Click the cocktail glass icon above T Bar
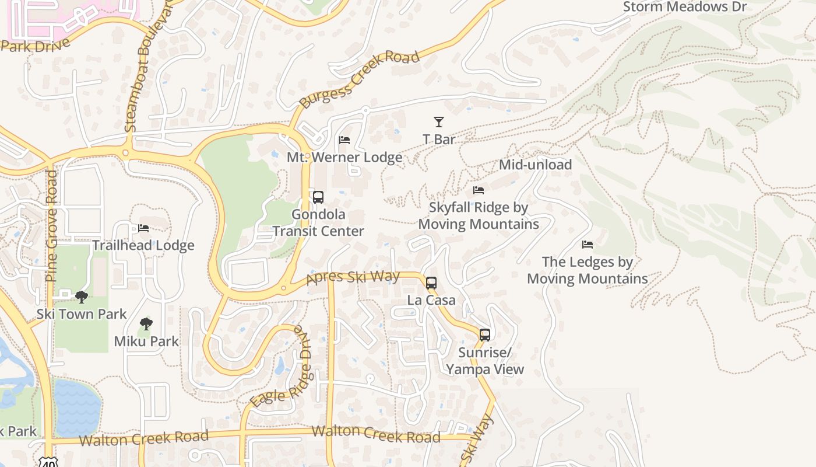tap(439, 122)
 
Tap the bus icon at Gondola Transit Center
tap(318, 197)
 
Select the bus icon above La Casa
tap(431, 283)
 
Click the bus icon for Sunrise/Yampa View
tap(485, 335)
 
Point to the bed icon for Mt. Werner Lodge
tap(344, 140)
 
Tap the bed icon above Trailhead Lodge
tap(143, 228)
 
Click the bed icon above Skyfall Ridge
tap(479, 190)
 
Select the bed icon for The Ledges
tap(588, 245)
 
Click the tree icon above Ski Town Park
tap(82, 297)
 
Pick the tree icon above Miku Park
tap(146, 324)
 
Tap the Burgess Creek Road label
tap(359, 79)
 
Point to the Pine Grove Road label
tap(52, 225)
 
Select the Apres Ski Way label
tap(353, 278)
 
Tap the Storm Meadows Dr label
tap(684, 7)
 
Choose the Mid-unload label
tap(535, 165)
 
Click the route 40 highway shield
tap(47, 461)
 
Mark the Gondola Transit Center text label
tap(318, 223)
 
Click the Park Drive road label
tap(35, 45)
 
